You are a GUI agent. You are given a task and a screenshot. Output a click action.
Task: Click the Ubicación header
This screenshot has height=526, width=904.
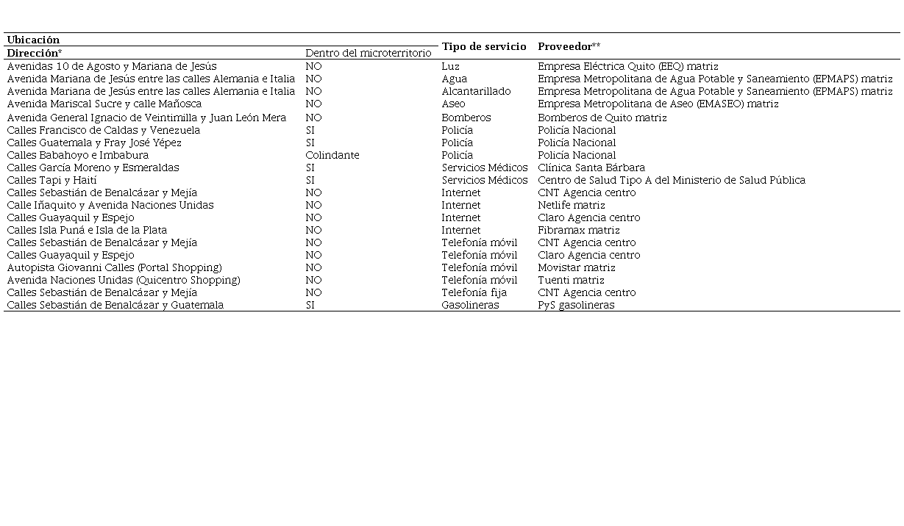coord(33,40)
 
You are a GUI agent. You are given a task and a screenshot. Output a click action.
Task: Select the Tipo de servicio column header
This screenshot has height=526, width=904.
coord(483,46)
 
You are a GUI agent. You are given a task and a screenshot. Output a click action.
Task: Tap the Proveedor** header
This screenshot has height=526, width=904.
coord(569,46)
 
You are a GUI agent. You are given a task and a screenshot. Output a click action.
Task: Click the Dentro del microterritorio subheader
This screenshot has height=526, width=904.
coord(368,53)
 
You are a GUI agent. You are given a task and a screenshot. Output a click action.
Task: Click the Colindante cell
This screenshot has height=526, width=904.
coord(332,155)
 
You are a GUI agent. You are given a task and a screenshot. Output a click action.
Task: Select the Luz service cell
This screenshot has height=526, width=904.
coord(450,66)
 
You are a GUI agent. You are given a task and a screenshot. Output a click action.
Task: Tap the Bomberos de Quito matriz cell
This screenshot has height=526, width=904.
coord(602,118)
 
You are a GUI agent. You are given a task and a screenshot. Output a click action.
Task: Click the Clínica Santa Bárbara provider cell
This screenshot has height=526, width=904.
coord(591,167)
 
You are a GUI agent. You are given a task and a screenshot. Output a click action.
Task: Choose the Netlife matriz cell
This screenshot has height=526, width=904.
coord(571,205)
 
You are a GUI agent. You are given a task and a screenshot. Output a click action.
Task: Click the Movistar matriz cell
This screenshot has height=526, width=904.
coord(576,267)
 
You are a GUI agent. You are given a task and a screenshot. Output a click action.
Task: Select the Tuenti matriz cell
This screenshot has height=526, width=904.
coord(571,280)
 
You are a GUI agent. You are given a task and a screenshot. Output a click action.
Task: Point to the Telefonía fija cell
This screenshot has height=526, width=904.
coord(474,292)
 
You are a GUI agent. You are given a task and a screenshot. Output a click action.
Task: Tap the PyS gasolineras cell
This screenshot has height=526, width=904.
coord(575,305)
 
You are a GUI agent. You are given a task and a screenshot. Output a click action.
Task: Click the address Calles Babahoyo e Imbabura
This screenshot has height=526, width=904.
coord(77,155)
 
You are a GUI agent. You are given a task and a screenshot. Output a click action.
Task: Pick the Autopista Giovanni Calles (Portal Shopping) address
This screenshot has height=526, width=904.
coord(114,267)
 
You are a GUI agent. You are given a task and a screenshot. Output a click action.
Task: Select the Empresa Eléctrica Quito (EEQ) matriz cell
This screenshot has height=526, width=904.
coord(627,66)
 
